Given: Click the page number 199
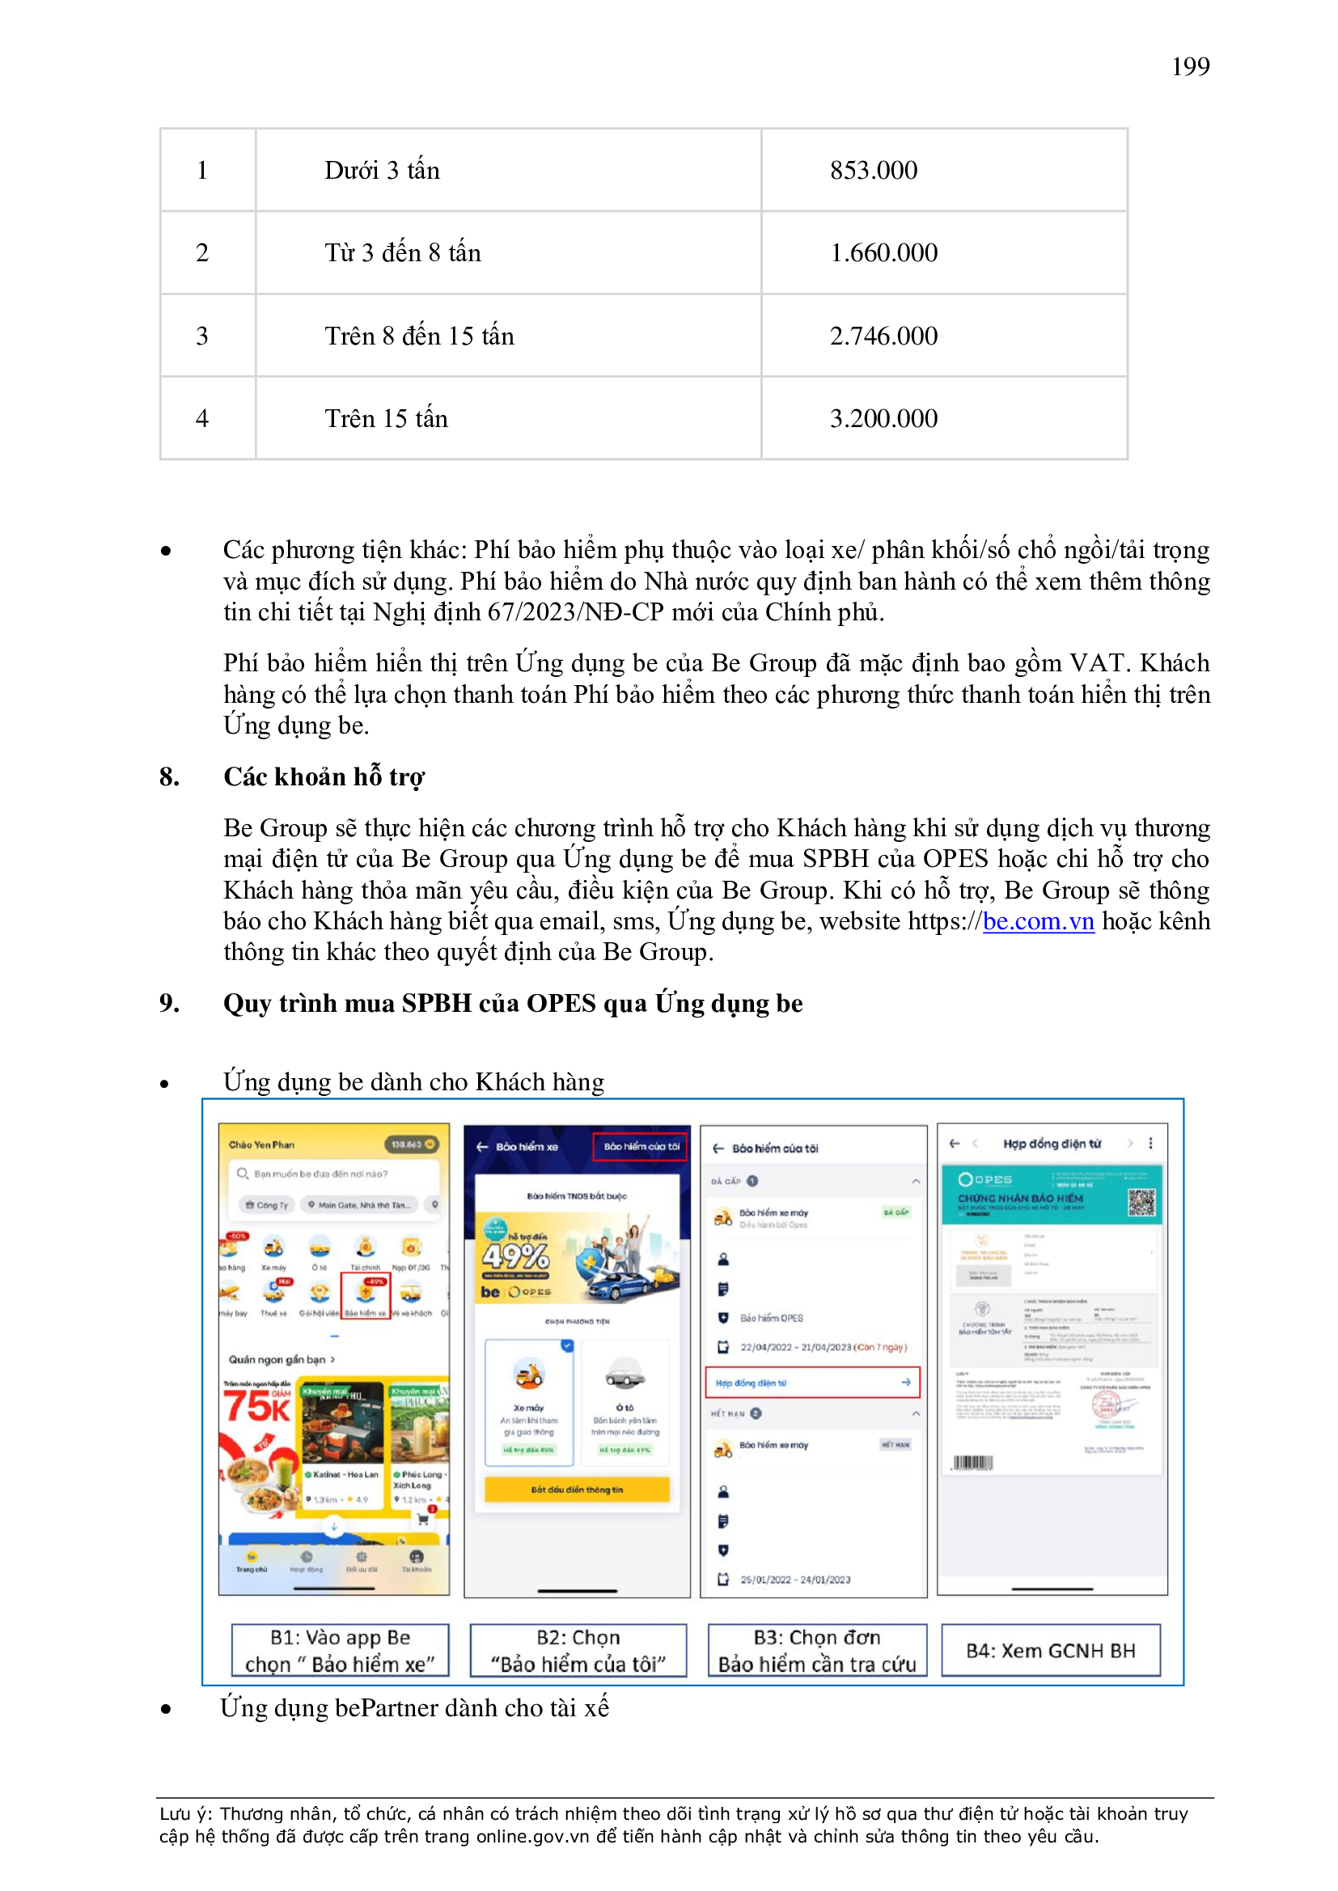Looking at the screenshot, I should pos(1190,66).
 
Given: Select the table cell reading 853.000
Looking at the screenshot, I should pos(874,171).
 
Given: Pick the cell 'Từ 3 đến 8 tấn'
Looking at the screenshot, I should pos(402,253).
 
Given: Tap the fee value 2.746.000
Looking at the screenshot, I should pos(883,336).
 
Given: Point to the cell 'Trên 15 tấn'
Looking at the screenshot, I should pos(386,419).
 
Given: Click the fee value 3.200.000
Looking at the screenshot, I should pos(883,419).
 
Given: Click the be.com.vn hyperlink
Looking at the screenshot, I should pos(1038,920).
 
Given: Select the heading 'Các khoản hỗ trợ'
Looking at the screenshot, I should pos(324,776).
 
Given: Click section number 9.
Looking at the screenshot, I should pos(169,1003).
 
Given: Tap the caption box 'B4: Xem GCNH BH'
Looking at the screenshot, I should pos(1051,1651).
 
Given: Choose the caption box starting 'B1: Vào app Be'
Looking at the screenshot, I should pos(340,1651).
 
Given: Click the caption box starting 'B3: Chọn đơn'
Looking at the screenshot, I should pos(816,1651).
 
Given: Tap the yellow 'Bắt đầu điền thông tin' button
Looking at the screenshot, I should pos(577,1489).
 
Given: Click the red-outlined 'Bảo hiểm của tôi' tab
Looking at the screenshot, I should pos(640,1146).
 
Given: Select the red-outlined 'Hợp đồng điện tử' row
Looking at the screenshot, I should pos(811,1383).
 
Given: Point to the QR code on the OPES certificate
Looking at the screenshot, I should pos(1141,1204).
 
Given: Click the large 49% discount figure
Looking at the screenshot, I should pos(516,1257).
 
